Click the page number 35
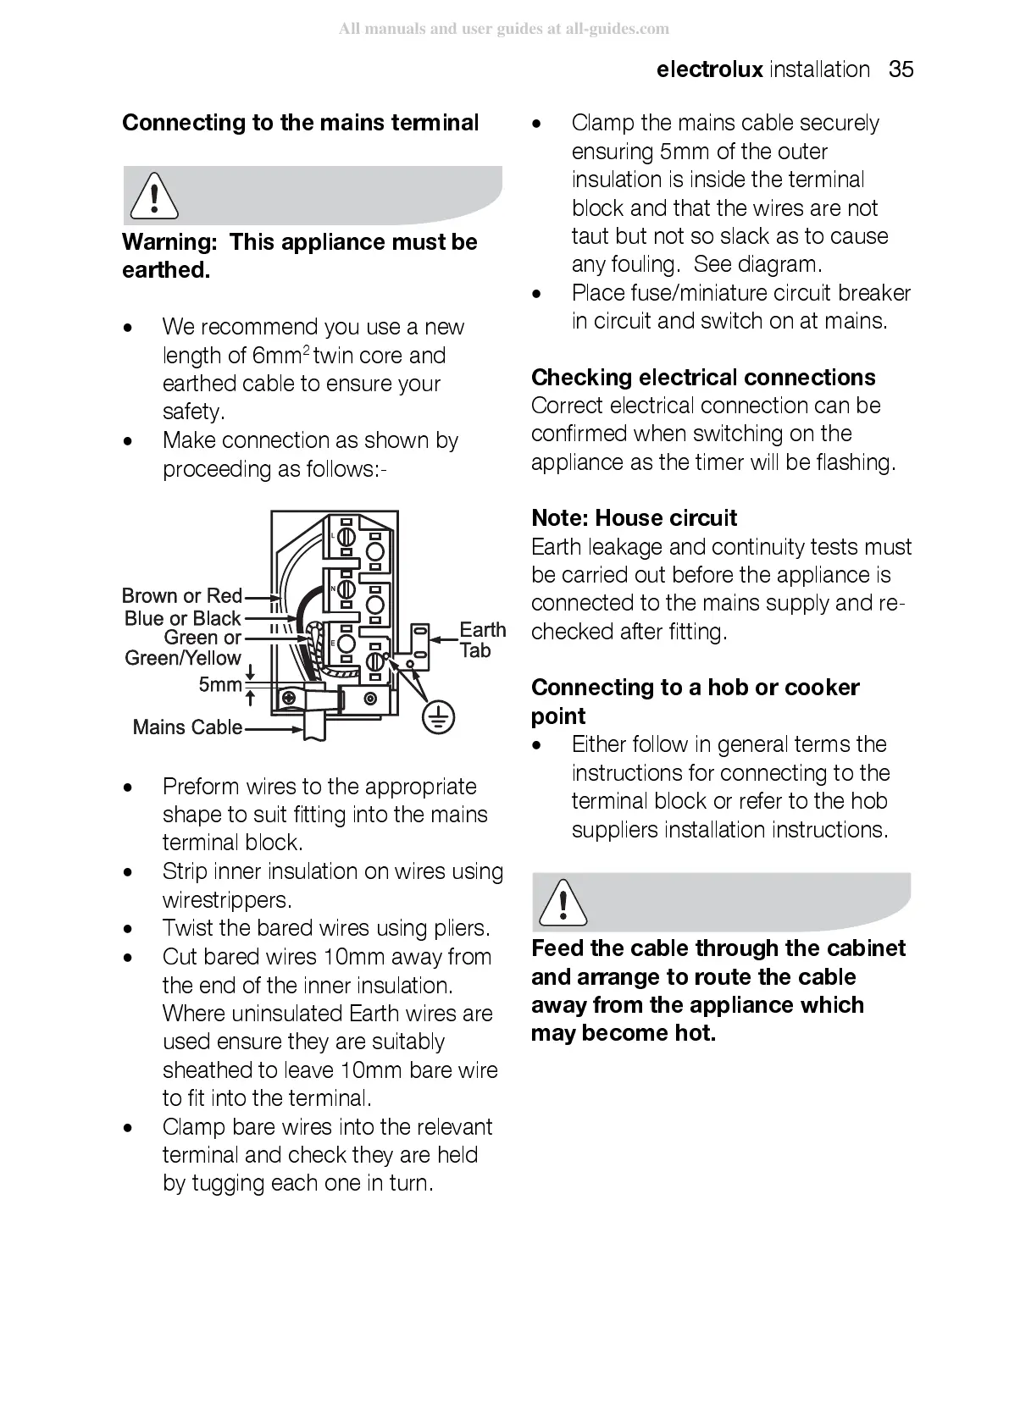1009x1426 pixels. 901,69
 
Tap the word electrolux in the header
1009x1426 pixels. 709,69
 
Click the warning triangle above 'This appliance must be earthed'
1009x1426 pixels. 153,196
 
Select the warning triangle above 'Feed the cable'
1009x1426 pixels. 562,902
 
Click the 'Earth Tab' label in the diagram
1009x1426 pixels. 481,640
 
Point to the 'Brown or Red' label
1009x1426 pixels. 182,596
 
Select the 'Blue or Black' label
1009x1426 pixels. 183,619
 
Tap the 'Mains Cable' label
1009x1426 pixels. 187,727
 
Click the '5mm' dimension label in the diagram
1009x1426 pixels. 219,685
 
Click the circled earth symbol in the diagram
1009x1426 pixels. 437,718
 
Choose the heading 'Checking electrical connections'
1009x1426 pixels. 703,378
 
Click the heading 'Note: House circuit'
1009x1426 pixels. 634,518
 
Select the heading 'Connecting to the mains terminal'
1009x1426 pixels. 301,124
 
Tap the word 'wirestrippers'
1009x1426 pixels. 225,900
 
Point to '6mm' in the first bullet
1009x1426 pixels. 276,356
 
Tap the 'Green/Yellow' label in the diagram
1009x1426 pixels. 183,658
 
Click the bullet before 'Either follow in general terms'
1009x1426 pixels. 535,746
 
